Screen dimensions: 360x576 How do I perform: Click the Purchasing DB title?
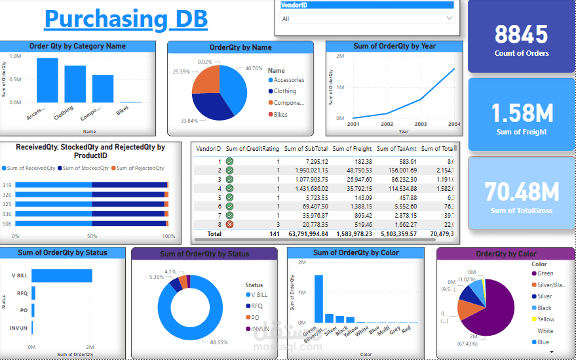tap(126, 19)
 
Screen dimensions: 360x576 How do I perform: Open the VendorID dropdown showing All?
tap(368, 18)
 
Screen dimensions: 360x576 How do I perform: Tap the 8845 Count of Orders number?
tap(521, 34)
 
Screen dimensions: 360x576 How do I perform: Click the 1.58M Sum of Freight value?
tap(522, 113)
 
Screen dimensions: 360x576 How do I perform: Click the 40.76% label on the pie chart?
tap(253, 68)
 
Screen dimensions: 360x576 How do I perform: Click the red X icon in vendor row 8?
tap(229, 224)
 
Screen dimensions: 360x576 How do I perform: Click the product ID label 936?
tap(7, 213)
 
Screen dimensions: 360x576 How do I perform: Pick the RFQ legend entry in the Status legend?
tap(256, 306)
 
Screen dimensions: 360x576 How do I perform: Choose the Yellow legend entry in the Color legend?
tap(545, 319)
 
